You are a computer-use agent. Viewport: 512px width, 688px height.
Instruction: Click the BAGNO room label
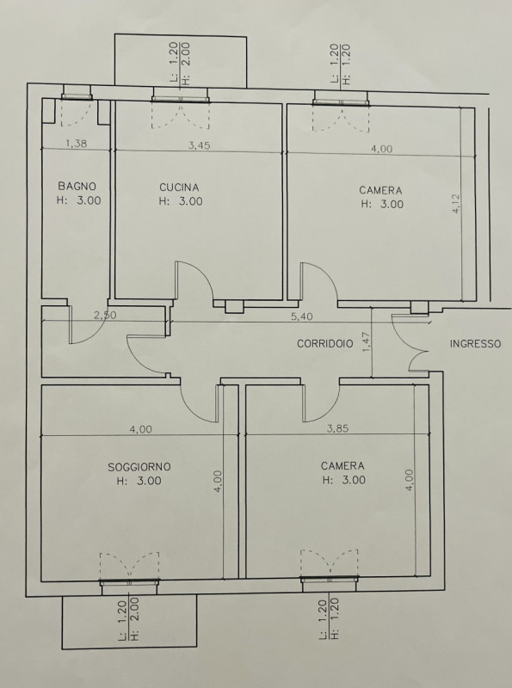[x=77, y=186]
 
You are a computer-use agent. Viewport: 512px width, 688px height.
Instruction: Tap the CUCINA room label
[x=179, y=187]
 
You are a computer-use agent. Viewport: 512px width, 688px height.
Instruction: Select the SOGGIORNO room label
[x=139, y=467]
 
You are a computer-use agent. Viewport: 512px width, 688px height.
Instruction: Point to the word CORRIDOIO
[x=325, y=343]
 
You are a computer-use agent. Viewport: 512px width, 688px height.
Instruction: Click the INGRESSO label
[x=475, y=343]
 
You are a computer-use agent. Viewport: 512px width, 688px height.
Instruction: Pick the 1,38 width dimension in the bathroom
[x=77, y=143]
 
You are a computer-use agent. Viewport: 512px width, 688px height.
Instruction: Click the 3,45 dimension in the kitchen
[x=199, y=145]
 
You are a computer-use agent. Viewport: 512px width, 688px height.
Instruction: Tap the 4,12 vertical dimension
[x=456, y=204]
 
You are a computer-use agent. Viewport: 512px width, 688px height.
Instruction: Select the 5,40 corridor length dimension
[x=302, y=316]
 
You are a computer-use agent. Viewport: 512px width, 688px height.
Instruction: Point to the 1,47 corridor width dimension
[x=367, y=342]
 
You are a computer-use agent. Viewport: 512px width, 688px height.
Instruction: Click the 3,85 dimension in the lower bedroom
[x=337, y=428]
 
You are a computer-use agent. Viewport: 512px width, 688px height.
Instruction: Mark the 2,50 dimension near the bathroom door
[x=105, y=315]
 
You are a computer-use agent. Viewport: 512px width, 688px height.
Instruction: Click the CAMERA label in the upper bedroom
[x=380, y=190]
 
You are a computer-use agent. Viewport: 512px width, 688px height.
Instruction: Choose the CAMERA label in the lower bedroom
[x=342, y=466]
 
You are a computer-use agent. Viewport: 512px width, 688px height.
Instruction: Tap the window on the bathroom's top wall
[x=77, y=96]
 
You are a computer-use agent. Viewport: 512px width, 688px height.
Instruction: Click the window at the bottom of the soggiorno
[x=130, y=582]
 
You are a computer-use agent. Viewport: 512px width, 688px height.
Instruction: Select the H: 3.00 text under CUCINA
[x=181, y=201]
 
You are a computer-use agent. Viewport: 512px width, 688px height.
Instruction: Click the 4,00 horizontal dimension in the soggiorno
[x=140, y=429]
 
